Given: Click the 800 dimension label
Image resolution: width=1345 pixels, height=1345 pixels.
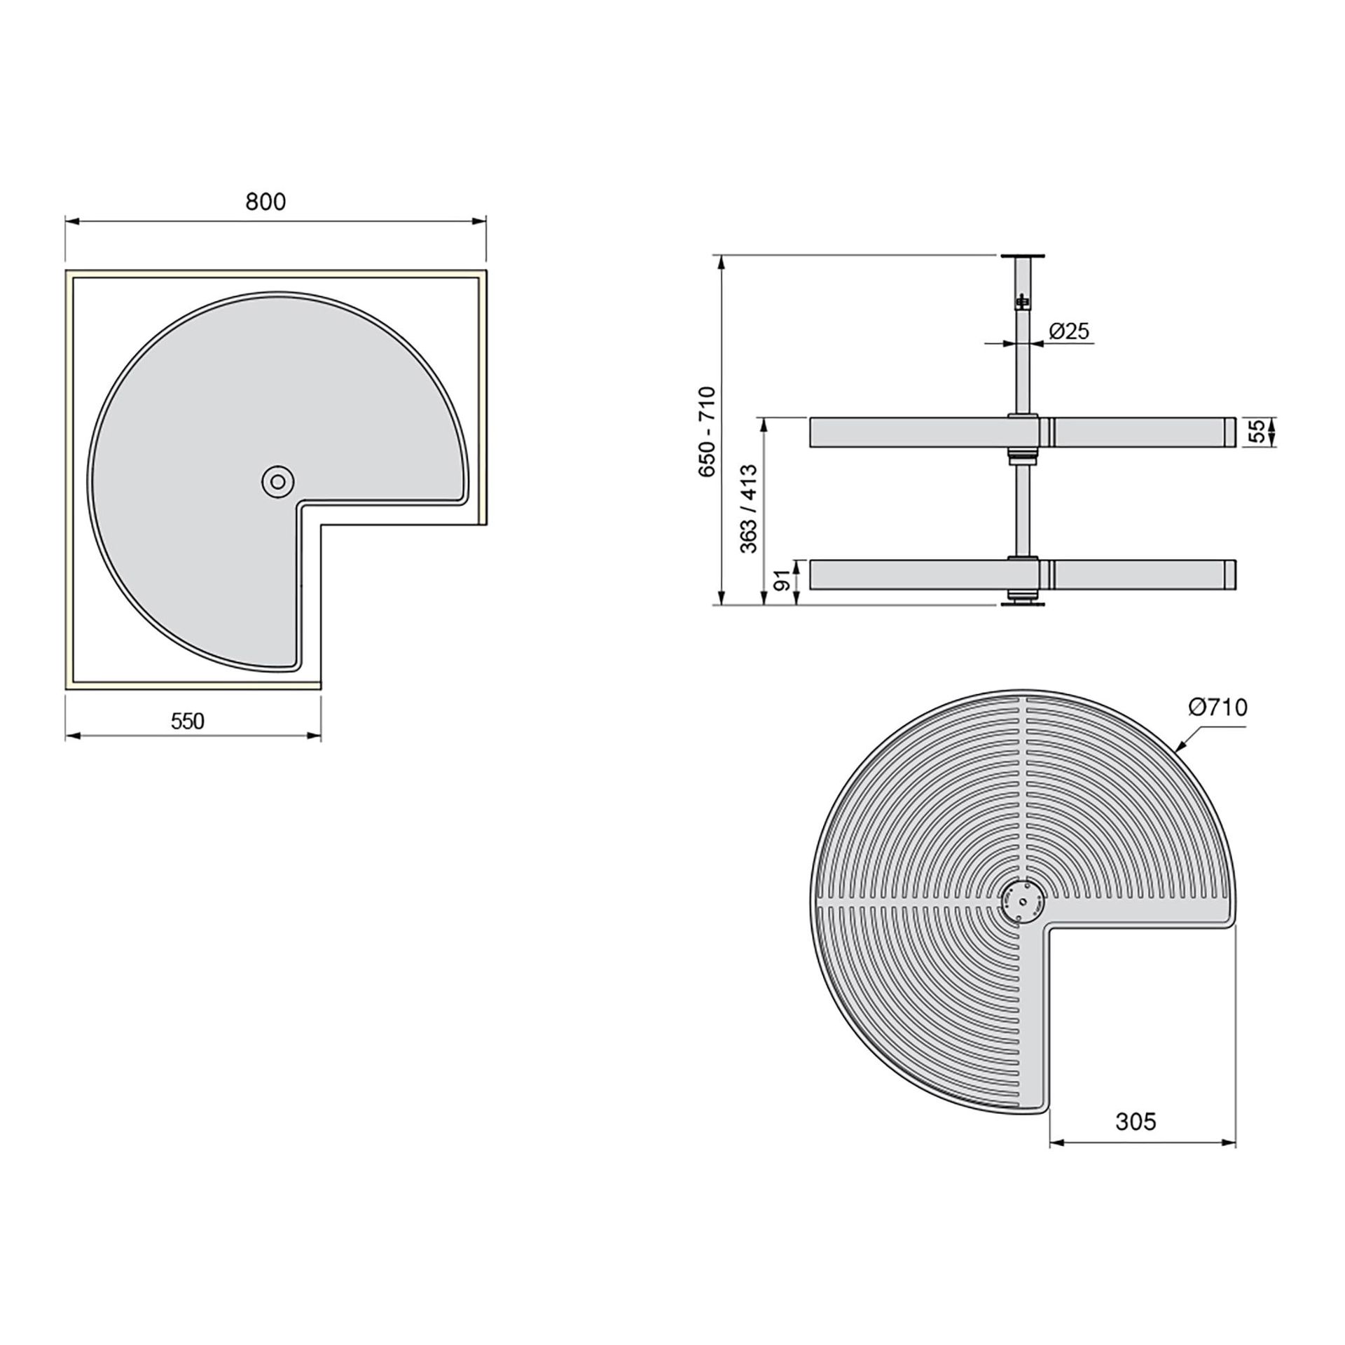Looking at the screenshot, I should (x=265, y=202).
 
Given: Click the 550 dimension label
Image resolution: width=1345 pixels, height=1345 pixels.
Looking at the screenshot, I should (x=187, y=721).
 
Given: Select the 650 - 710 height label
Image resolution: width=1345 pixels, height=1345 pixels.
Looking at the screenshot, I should (x=707, y=432).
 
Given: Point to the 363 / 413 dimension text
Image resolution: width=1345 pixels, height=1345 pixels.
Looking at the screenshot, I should (x=749, y=509).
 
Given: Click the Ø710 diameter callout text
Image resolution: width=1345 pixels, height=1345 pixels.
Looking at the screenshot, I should (x=1218, y=708).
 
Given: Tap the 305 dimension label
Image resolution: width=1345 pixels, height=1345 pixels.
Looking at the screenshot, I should (x=1136, y=1122).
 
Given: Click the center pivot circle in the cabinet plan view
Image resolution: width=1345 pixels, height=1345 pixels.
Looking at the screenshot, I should (x=277, y=482).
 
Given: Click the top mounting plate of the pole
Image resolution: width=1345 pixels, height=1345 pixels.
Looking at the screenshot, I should (x=1022, y=256).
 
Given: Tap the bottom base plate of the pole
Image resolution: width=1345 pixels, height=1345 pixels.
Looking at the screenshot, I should (x=1022, y=603).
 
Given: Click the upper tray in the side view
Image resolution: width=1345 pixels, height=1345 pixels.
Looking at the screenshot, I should (x=911, y=432).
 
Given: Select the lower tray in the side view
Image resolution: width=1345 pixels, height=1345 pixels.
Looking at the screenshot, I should (x=911, y=574).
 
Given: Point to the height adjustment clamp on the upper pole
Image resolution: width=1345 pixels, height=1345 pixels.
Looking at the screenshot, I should (x=1023, y=301).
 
